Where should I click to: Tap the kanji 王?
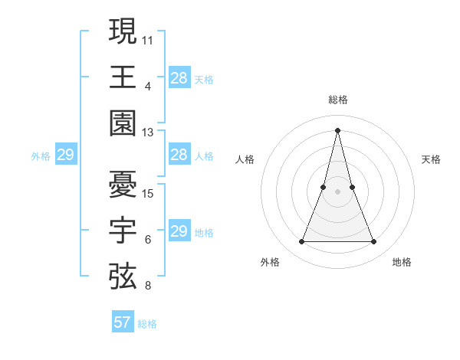point(123,76)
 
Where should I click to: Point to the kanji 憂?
point(123,184)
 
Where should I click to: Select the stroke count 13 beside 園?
point(148,132)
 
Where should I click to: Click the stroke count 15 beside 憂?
point(148,193)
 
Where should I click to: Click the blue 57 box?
point(123,322)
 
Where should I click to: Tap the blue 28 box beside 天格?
point(179,77)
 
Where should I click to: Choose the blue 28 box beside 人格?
point(179,155)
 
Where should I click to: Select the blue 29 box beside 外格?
point(65,155)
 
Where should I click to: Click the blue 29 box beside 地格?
point(179,231)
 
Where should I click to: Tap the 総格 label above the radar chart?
point(337,100)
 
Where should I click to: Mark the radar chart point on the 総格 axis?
point(337,129)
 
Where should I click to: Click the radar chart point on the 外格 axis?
point(301,242)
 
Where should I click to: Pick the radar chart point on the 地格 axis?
point(374,242)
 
